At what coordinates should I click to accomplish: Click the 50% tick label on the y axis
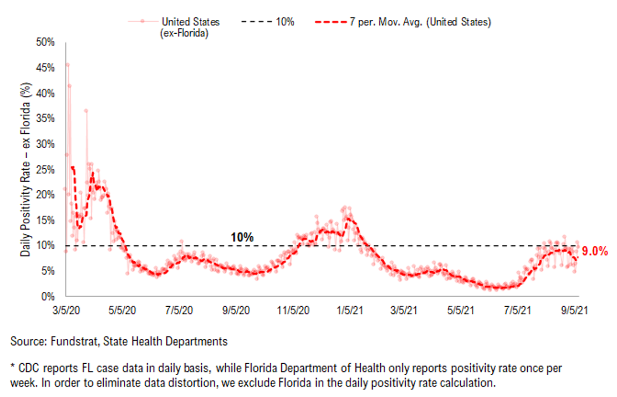pos(45,42)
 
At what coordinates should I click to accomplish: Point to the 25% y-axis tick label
pos(45,170)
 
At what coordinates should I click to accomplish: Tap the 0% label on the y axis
pos(48,297)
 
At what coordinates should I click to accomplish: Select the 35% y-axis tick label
pos(45,118)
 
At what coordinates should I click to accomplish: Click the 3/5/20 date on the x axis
pos(66,311)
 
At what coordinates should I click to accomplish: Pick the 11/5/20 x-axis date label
pos(293,311)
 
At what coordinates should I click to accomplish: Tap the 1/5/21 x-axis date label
pos(350,311)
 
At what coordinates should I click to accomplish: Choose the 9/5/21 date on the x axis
pos(575,311)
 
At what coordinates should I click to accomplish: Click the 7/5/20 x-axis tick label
pos(179,311)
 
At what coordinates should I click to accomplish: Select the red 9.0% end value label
pos(595,251)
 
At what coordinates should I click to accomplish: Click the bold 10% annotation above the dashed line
pos(242,237)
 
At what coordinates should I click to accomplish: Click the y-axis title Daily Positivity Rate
pos(26,170)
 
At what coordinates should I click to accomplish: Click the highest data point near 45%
pos(67,65)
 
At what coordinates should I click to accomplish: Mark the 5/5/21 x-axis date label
pos(460,311)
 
